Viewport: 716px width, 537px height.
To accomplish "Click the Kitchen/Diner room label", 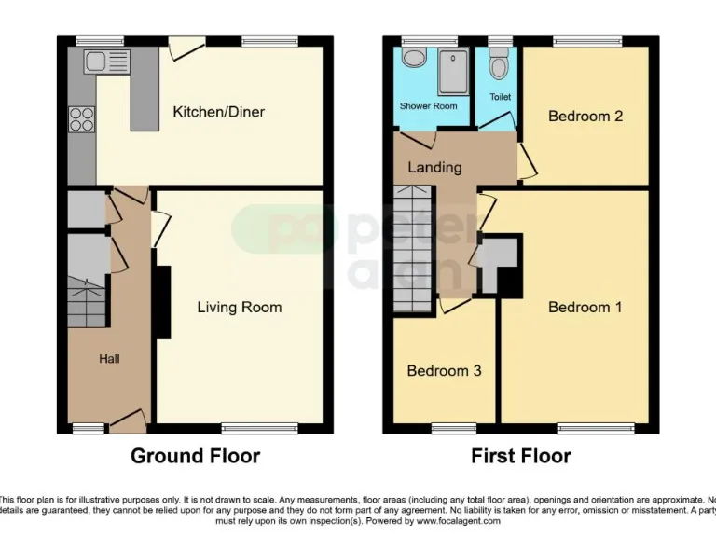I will click(218, 112).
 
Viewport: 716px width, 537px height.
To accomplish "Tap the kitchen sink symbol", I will click(107, 62).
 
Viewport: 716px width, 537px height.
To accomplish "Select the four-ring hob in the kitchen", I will click(81, 118).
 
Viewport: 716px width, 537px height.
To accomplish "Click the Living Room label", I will click(239, 307).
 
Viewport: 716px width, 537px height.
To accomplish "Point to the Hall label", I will click(109, 358).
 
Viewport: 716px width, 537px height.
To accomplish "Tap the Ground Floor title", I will click(195, 456).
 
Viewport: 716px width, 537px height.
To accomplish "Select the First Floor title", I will click(520, 456).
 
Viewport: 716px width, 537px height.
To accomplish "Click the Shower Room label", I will click(428, 106).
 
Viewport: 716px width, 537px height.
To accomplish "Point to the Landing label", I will click(434, 168).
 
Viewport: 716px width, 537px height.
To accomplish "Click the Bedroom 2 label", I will click(585, 117).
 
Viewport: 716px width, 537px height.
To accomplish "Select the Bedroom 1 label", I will click(585, 307).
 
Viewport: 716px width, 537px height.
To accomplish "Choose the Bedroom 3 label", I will click(444, 370).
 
